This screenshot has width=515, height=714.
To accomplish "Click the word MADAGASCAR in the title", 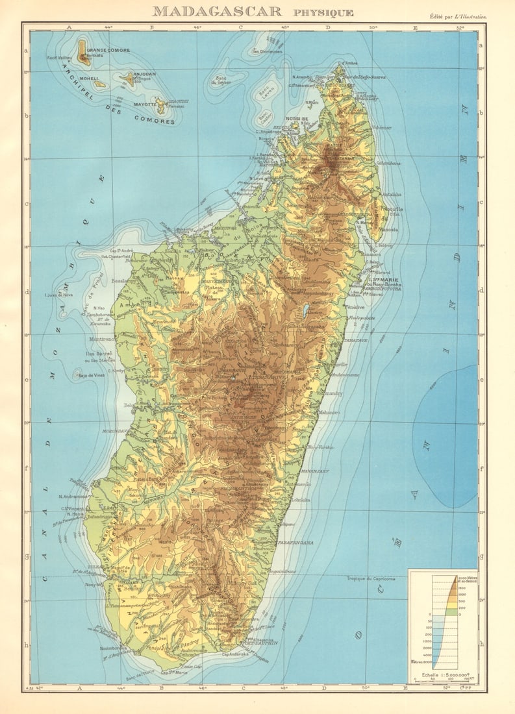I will pyautogui.click(x=217, y=11).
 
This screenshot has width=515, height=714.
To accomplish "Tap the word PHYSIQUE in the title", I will pyautogui.click(x=323, y=12).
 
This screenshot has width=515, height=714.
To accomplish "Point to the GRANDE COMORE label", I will pyautogui.click(x=108, y=50).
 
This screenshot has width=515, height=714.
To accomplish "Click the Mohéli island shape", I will pyautogui.click(x=99, y=84).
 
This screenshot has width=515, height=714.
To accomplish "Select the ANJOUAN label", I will pyautogui.click(x=144, y=74).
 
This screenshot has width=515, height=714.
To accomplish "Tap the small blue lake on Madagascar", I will pyautogui.click(x=305, y=310).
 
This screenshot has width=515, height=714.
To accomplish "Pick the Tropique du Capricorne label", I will pyautogui.click(x=370, y=578).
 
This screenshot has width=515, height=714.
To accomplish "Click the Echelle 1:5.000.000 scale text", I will pyautogui.click(x=442, y=675).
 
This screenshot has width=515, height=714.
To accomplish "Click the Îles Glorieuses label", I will pyautogui.click(x=267, y=52).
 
